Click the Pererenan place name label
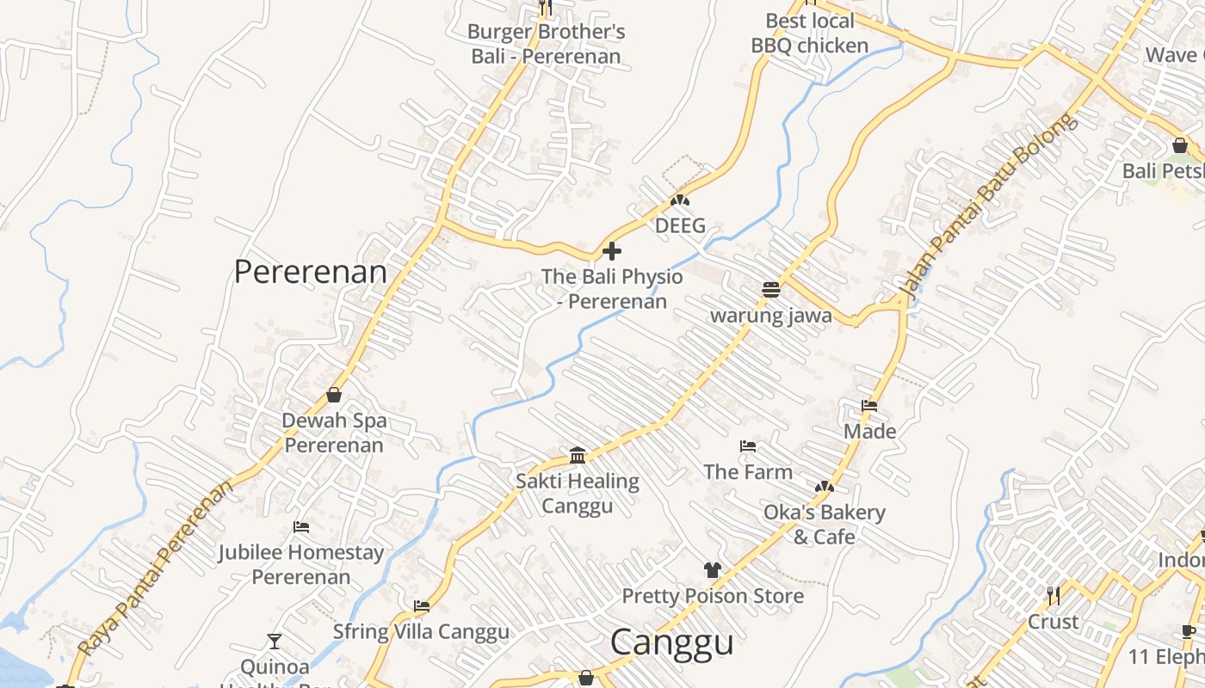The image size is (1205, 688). [311, 272]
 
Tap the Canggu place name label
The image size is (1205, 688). [671, 642]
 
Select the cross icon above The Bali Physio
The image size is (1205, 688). [612, 251]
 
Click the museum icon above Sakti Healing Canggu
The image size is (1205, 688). [578, 455]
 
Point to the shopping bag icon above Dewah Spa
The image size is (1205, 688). [334, 395]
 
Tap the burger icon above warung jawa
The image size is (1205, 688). [770, 290]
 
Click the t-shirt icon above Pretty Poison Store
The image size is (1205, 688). [712, 569]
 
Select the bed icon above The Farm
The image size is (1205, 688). [748, 446]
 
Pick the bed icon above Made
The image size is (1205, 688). [869, 405]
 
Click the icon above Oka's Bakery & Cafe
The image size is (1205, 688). [825, 487]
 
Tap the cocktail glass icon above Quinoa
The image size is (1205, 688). [274, 641]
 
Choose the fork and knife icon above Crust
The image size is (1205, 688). [1053, 595]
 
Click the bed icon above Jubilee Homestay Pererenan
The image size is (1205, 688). [300, 526]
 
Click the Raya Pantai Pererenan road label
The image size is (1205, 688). [156, 568]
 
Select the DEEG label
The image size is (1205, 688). [680, 226]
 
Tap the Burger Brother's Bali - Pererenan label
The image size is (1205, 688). [546, 44]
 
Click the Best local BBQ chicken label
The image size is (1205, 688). [810, 33]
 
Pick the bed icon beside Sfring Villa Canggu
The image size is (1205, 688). [422, 606]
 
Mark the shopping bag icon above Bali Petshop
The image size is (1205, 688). [1179, 145]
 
